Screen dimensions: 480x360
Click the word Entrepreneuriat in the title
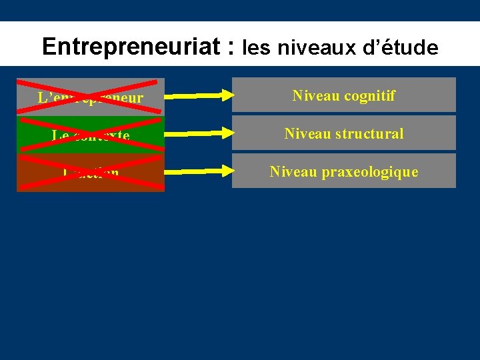pyautogui.click(x=131, y=46)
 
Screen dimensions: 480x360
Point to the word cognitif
pyautogui.click(x=369, y=95)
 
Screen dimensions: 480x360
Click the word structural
pyautogui.click(x=369, y=133)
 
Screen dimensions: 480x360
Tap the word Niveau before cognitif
pyautogui.click(x=315, y=95)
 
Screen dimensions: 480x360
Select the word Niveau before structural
pyautogui.click(x=307, y=133)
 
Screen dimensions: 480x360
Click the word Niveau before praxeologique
pyautogui.click(x=293, y=172)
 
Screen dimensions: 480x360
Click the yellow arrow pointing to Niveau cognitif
pyautogui.click(x=197, y=96)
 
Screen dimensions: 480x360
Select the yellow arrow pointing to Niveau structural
pyautogui.click(x=197, y=134)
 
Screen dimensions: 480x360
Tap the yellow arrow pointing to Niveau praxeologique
pyautogui.click(x=197, y=172)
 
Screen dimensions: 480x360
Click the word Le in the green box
pyautogui.click(x=59, y=136)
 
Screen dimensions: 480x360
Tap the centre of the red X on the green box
pyautogui.click(x=91, y=135)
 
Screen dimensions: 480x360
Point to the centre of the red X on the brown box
pyautogui.click(x=91, y=173)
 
